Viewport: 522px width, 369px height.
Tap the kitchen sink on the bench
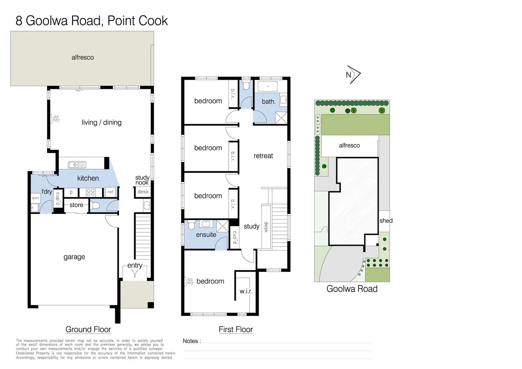[77, 165]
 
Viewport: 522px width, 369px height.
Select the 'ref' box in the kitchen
[110, 192]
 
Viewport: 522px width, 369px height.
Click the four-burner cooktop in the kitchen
[91, 193]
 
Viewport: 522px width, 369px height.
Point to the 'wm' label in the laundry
[35, 198]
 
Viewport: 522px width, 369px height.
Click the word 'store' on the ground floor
[76, 205]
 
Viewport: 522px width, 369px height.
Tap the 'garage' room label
[74, 257]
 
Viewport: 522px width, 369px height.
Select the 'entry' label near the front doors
[135, 265]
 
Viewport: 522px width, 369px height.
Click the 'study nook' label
[142, 180]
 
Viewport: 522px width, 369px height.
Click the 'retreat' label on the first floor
[263, 156]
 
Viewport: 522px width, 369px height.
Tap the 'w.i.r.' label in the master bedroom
[246, 291]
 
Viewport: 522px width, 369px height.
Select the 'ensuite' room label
[206, 235]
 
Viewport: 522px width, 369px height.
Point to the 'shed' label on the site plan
[386, 221]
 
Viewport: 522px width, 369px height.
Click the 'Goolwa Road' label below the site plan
[352, 289]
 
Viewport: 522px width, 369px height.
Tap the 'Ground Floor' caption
[88, 329]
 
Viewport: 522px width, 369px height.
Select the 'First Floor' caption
[235, 329]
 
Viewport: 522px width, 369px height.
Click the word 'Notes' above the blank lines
[190, 341]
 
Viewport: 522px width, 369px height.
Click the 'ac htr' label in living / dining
[56, 119]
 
